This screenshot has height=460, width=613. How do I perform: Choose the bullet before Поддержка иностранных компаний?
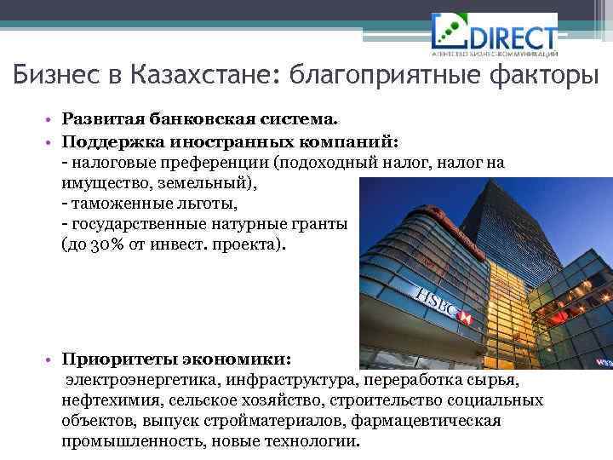[52, 141]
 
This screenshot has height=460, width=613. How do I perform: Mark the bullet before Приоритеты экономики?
[52, 359]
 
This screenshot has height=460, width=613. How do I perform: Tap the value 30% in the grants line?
[106, 244]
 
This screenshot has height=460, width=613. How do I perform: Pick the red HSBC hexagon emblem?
[465, 317]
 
